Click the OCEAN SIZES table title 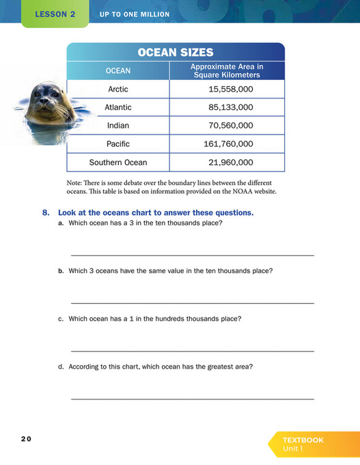click(176, 53)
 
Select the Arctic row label click(117, 89)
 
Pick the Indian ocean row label click(117, 126)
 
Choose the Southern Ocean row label click(117, 163)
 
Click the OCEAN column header click(117, 70)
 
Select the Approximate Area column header click(226, 70)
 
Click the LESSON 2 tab click(55, 14)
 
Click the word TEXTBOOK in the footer click(303, 440)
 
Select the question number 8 click(46, 213)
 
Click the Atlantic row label click(117, 107)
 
